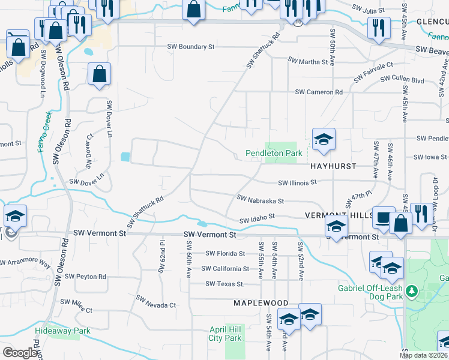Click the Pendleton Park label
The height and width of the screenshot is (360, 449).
[x=274, y=154]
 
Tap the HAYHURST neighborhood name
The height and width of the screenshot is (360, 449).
[x=334, y=166]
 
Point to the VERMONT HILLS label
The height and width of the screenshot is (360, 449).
[x=335, y=215]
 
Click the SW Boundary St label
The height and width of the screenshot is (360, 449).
[x=191, y=46]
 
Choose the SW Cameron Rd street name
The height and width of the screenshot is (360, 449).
[x=318, y=92]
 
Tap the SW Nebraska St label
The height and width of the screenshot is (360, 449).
[x=260, y=198]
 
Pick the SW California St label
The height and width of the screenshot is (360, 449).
[x=225, y=269]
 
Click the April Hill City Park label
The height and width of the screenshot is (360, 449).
[x=226, y=334]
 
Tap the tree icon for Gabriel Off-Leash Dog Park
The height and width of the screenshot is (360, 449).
[x=411, y=292]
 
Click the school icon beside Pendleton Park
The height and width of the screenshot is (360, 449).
[x=324, y=140]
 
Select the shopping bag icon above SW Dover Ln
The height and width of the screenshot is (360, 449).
[x=100, y=74]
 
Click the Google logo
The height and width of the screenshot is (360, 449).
[x=19, y=352]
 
